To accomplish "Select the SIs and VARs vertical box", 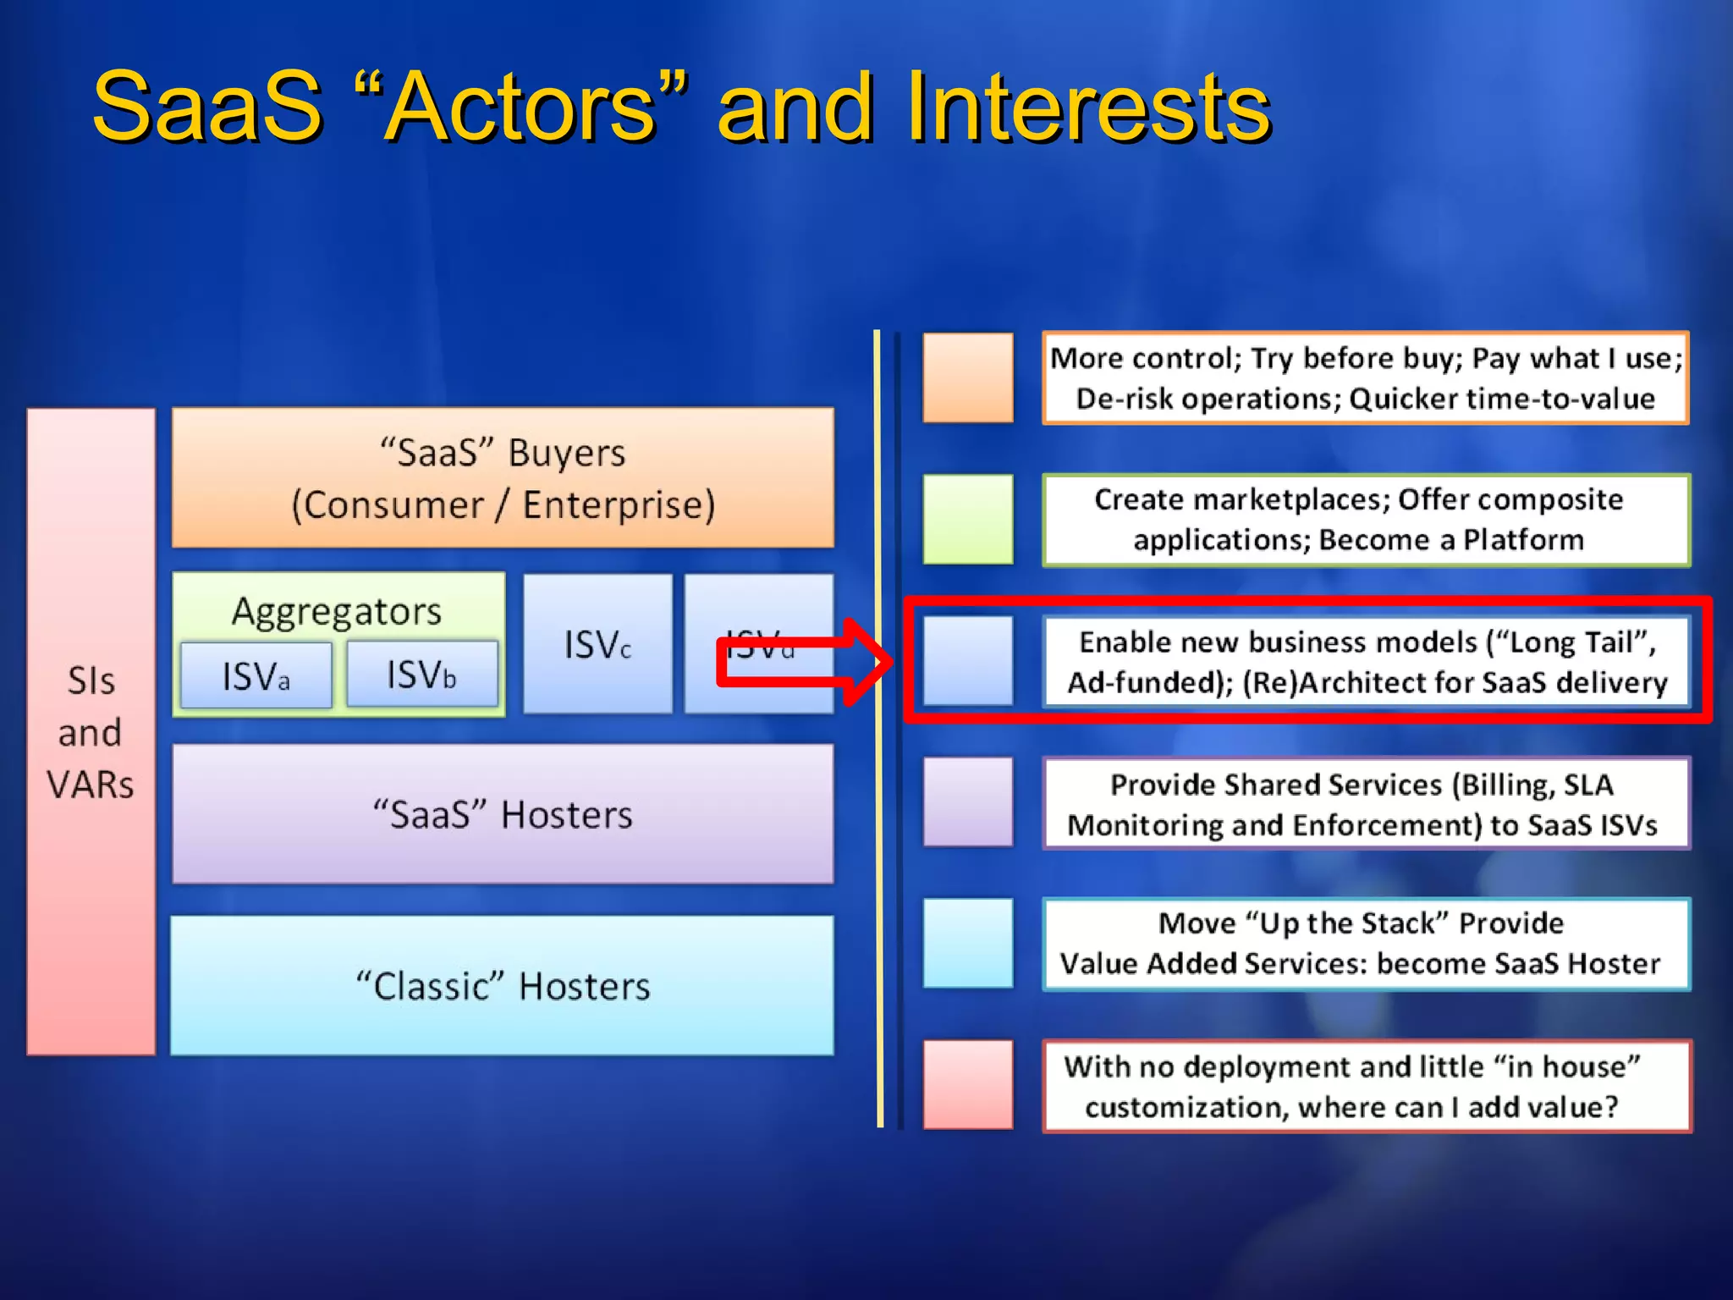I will click(91, 732).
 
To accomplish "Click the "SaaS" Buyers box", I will click(503, 478).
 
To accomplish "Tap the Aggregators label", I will click(337, 611).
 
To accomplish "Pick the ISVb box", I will click(421, 675).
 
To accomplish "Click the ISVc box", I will click(597, 645).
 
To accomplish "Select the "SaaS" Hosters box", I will click(503, 814).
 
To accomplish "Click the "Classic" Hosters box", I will click(503, 986).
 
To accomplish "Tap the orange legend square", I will click(968, 377).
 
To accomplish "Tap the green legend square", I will click(968, 519).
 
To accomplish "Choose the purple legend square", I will click(968, 801).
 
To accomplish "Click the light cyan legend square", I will click(968, 943).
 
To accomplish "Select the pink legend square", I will click(968, 1084).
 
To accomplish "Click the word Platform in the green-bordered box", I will click(1523, 540).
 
